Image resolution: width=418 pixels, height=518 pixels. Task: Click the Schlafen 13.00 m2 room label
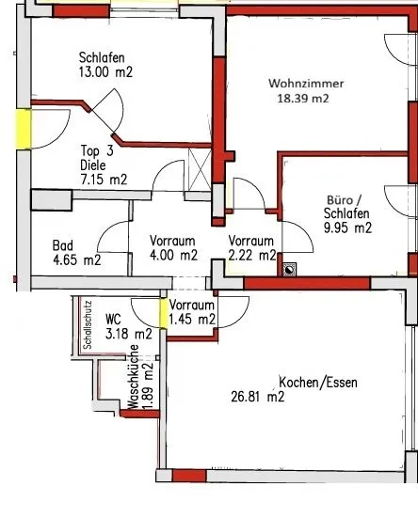105,65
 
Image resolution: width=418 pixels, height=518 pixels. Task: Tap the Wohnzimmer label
306,84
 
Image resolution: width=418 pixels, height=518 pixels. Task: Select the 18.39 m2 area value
303,99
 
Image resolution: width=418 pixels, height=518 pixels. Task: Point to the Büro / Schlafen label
347,214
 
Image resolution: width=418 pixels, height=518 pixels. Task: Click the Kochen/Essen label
318,383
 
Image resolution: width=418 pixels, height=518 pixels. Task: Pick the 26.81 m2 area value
258,397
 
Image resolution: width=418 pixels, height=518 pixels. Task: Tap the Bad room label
63,245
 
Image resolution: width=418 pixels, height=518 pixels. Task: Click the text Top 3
97,150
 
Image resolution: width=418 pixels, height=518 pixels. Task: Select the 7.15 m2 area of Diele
104,180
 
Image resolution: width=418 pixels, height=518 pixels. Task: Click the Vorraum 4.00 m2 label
173,248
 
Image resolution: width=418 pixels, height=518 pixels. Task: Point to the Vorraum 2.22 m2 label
252,248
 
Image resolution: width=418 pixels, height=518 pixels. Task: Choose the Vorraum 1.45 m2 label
192,312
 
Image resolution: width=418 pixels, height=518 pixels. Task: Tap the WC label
113,320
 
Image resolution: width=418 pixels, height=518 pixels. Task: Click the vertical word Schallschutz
88,324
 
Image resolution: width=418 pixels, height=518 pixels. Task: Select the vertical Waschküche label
133,377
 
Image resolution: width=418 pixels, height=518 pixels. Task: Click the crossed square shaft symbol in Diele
200,169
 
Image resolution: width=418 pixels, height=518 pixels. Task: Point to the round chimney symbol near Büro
289,270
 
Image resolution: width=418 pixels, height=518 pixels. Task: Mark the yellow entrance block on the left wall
24,129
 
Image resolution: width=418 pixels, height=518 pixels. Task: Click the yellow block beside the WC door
164,313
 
